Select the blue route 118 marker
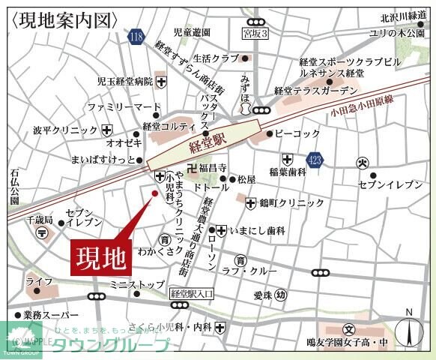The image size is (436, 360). click(x=136, y=37)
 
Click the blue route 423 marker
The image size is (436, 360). click(x=315, y=159)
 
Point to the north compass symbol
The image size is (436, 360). click(x=408, y=330)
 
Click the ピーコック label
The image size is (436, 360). click(x=297, y=133)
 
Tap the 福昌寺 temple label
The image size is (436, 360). click(x=211, y=169)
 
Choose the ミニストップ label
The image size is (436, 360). click(x=136, y=285)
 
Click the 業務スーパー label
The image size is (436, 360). click(x=50, y=315)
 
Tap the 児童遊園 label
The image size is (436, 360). click(x=193, y=32)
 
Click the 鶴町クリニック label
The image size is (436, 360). click(x=292, y=202)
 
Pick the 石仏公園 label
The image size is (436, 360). click(x=14, y=187)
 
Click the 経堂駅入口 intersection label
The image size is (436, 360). click(x=193, y=294)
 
